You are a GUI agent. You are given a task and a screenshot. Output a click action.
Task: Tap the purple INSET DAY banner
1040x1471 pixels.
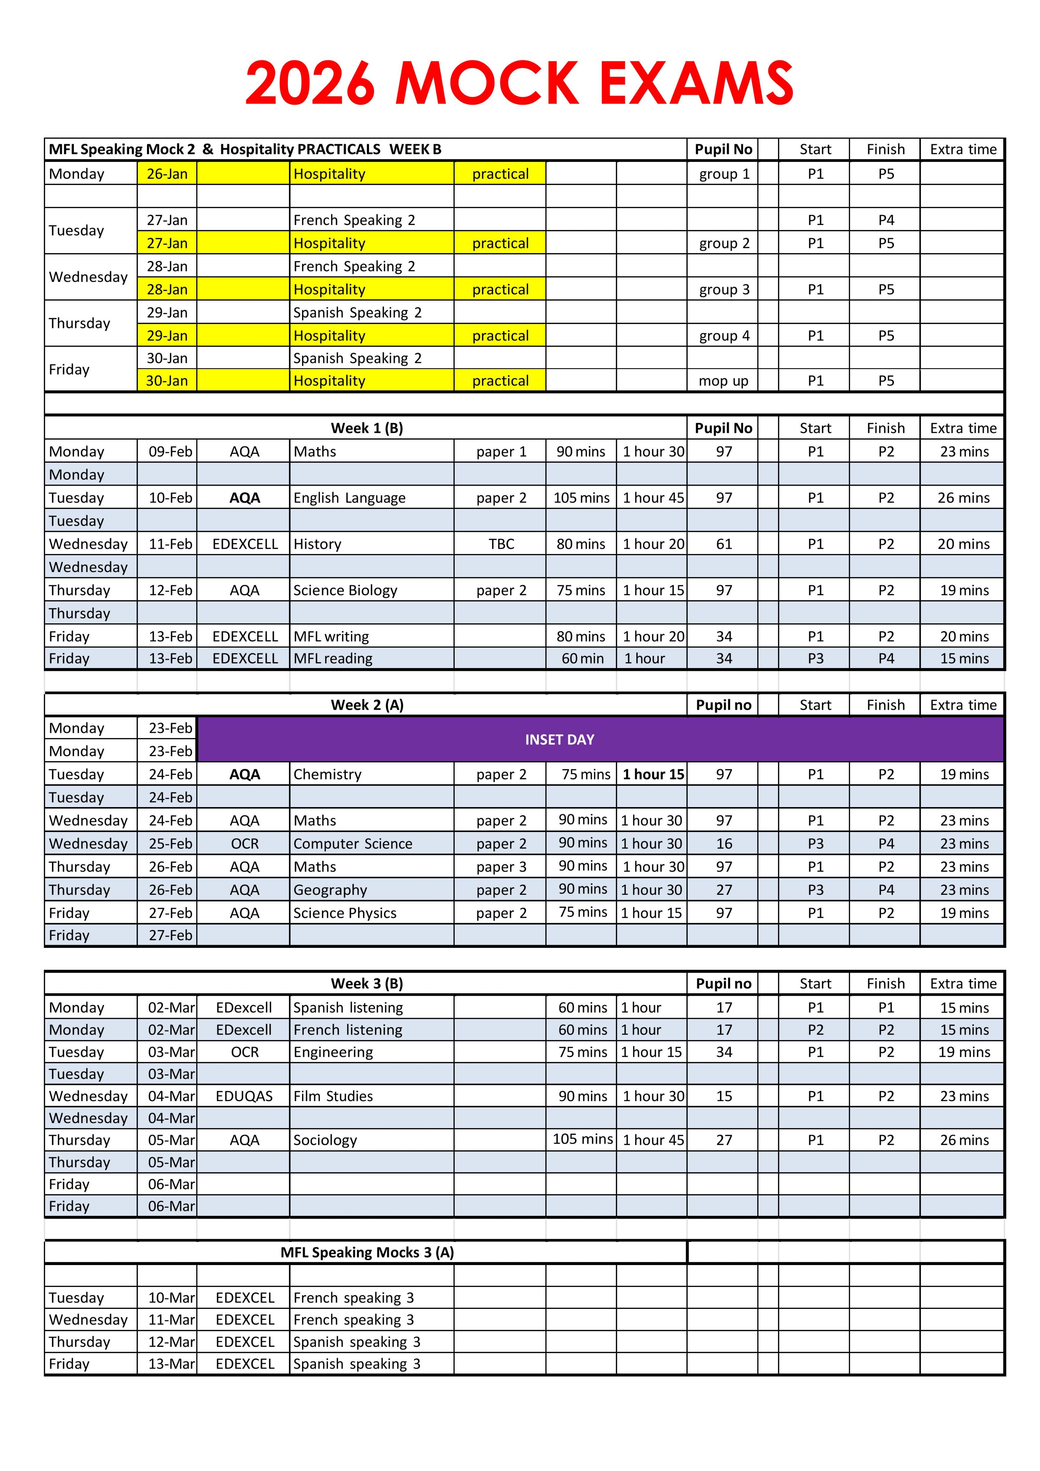(x=559, y=739)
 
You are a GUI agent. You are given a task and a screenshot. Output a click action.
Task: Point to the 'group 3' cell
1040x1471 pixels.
(x=723, y=289)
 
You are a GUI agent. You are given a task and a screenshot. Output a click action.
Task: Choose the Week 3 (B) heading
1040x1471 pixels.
(x=367, y=984)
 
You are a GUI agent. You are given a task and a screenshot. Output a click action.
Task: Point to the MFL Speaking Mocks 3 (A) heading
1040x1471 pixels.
(x=367, y=1253)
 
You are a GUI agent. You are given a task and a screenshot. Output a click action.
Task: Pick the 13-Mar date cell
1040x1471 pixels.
(x=171, y=1364)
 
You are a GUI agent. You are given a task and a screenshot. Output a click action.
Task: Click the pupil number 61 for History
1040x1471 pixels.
(x=723, y=544)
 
